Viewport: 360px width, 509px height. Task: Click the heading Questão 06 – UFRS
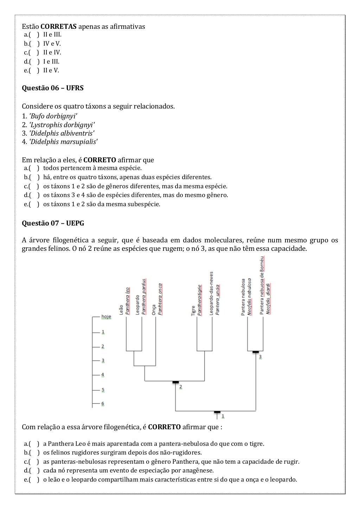point(52,88)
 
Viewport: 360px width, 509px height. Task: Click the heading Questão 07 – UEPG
point(53,223)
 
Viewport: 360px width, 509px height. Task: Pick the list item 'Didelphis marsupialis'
point(63,142)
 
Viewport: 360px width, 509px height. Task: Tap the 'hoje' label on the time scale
point(106,317)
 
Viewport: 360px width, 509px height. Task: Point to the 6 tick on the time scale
point(103,404)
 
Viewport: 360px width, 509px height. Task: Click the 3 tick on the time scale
point(103,361)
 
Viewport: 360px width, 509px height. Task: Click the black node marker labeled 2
point(175,382)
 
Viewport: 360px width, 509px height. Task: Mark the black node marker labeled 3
point(256,352)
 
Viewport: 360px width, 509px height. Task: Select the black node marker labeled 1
point(217,412)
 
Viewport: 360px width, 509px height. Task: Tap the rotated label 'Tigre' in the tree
point(193,311)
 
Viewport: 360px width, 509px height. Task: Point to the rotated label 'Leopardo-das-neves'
point(211,293)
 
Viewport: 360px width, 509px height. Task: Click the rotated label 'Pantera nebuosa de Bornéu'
point(262,285)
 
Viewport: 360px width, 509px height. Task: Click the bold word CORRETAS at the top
point(58,27)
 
